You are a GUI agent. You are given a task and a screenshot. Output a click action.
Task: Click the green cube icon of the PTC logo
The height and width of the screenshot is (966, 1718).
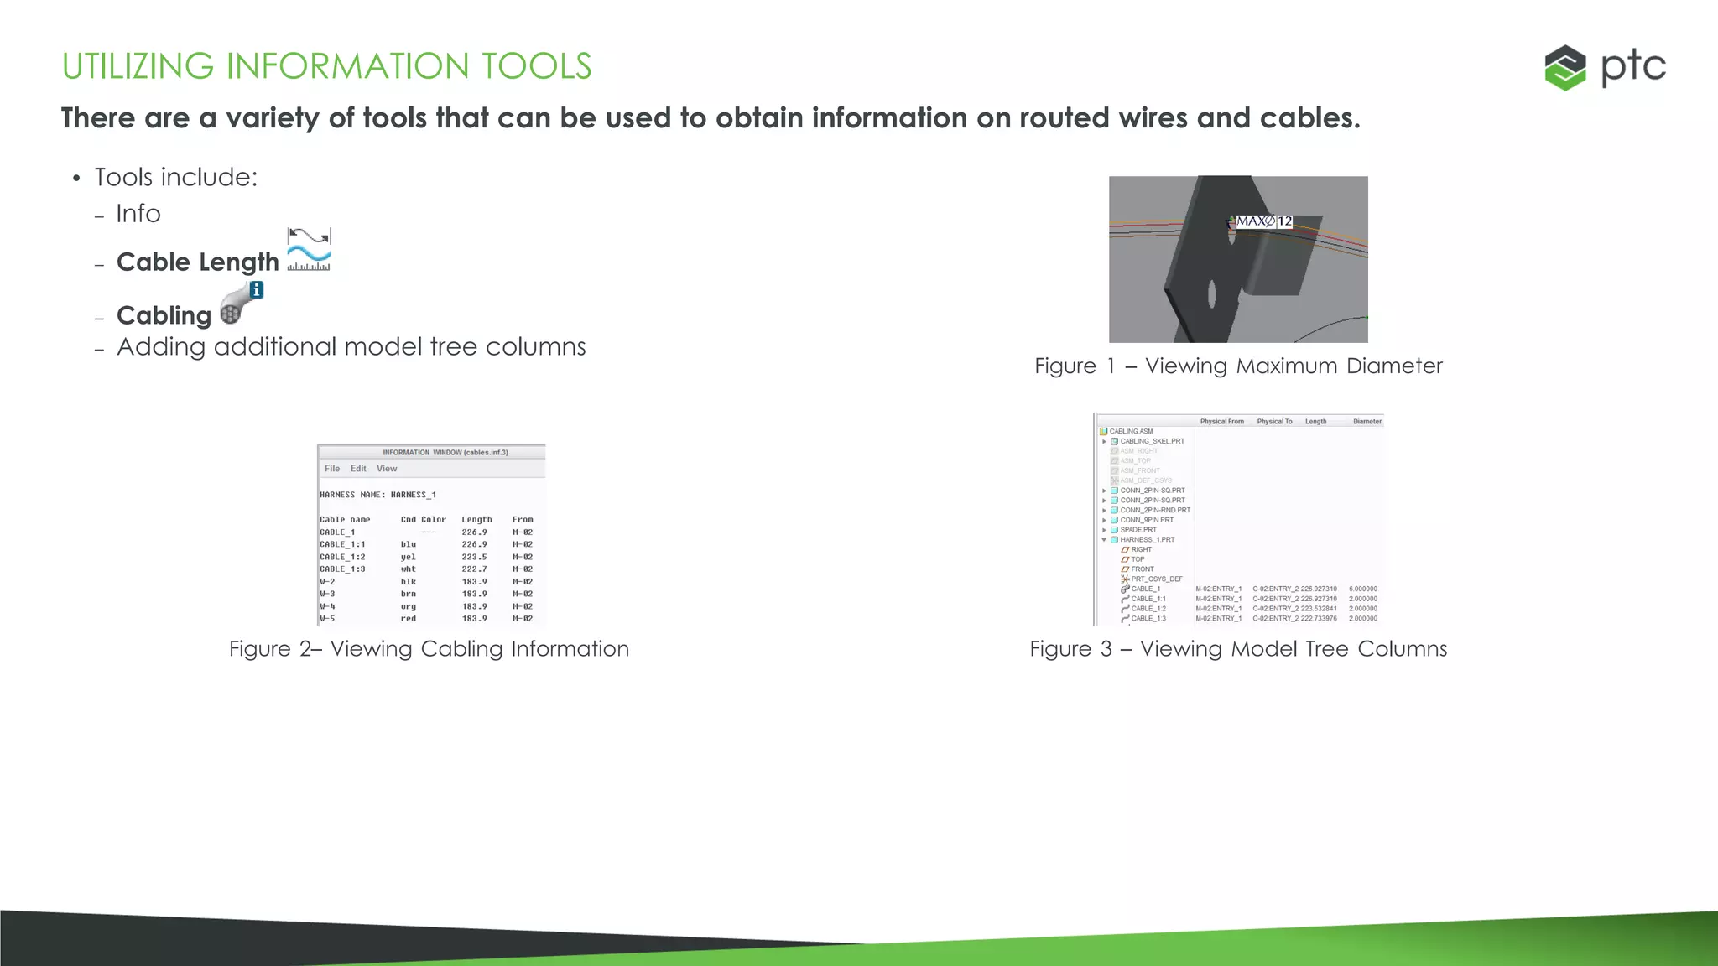[x=1565, y=67]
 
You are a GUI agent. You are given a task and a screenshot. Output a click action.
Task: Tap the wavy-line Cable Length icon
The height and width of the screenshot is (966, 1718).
[x=309, y=250]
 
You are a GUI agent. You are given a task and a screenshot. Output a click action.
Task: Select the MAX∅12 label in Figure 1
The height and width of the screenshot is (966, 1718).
[x=1264, y=221]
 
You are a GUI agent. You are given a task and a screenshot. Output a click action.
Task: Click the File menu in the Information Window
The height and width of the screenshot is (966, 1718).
[x=332, y=469]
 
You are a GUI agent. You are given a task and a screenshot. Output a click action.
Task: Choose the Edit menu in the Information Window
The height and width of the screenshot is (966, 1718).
[x=358, y=469]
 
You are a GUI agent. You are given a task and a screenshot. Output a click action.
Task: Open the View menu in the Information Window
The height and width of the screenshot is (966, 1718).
[x=387, y=469]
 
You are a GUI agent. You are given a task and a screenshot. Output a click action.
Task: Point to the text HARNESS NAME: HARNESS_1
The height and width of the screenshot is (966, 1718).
[x=377, y=495]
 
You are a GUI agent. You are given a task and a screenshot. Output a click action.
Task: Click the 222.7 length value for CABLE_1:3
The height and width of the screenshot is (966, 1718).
[x=474, y=569]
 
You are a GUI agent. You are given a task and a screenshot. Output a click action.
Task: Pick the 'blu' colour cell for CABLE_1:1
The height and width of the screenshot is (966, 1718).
[x=409, y=544]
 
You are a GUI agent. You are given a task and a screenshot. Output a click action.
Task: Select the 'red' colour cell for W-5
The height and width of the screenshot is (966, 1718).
[x=409, y=619]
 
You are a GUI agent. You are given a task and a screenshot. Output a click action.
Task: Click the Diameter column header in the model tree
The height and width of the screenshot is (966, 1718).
[x=1367, y=422]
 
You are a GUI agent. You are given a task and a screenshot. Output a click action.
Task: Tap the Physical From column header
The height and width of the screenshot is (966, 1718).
[x=1221, y=422]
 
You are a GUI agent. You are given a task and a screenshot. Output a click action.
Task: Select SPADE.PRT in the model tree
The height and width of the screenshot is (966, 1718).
[x=1138, y=530]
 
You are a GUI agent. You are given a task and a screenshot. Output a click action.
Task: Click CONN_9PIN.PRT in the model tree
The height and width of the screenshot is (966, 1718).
[x=1147, y=520]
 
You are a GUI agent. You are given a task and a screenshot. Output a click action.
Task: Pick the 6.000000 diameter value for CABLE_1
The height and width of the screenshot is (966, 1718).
[x=1363, y=589]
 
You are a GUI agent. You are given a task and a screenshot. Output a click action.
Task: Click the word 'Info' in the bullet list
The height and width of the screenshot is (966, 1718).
[x=138, y=214]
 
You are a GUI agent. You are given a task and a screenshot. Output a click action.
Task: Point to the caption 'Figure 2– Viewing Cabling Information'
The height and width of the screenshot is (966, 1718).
[x=429, y=649]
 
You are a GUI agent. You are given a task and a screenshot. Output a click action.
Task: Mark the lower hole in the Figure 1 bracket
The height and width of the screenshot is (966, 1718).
[x=1212, y=295]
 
